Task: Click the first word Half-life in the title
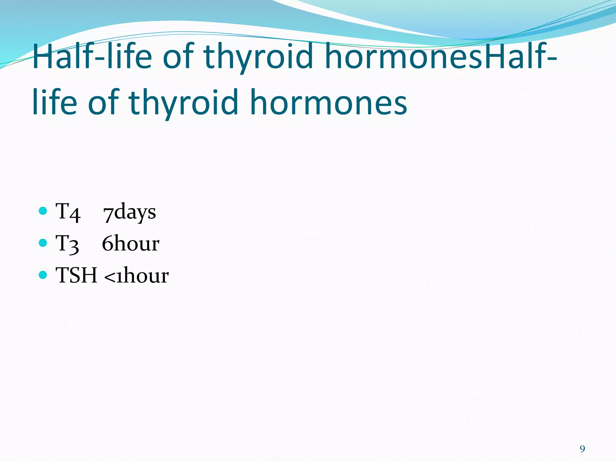click(92, 56)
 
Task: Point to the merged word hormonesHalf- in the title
click(441, 56)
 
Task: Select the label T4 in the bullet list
click(68, 212)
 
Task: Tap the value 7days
click(130, 212)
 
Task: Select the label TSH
click(77, 275)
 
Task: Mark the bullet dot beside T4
click(43, 211)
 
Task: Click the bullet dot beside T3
click(43, 242)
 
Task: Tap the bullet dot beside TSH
click(43, 274)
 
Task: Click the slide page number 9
click(582, 449)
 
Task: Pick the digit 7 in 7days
click(109, 214)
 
